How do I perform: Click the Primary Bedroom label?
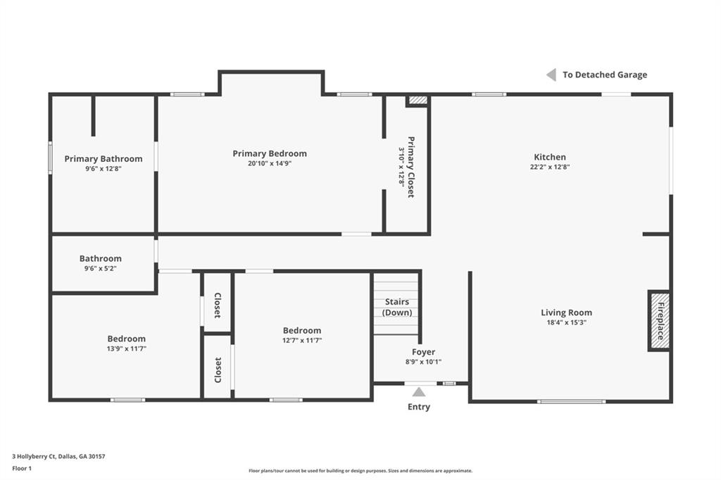coord(270,153)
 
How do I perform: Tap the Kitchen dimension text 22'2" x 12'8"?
coord(549,168)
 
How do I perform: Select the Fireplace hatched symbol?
coord(659,320)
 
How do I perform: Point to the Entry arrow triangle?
coord(419,392)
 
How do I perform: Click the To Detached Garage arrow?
coord(551,75)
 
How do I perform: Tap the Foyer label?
coord(423,352)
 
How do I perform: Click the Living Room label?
coord(566,312)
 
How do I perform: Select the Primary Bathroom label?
coord(104,159)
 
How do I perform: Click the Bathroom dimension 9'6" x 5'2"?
coord(100,268)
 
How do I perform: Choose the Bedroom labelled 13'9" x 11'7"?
coord(127,339)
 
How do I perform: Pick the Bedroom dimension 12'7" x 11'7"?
coord(302,341)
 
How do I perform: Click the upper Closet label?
coord(218,304)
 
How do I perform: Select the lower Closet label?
coord(218,370)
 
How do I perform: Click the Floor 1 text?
coord(23,467)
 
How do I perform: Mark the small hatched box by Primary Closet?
coord(418,101)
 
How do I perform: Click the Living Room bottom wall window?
coord(571,401)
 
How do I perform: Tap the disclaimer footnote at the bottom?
coord(360,471)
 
